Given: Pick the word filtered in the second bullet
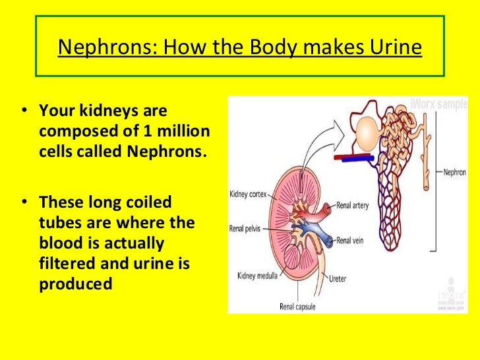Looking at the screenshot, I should pyautogui.click(x=70, y=264).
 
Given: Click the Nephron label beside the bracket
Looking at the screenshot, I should pyautogui.click(x=454, y=171).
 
